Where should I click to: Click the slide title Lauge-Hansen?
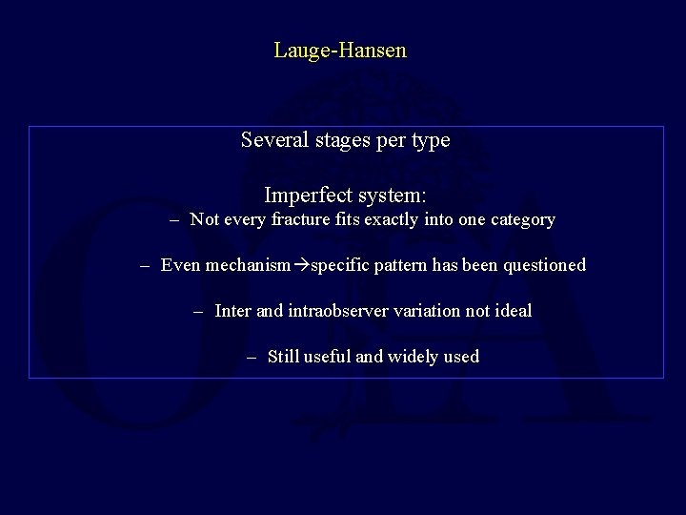click(340, 51)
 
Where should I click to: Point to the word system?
click(391, 196)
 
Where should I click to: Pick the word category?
click(520, 219)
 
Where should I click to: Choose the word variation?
click(425, 311)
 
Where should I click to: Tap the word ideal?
click(513, 311)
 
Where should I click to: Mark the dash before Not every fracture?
click(174, 220)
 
